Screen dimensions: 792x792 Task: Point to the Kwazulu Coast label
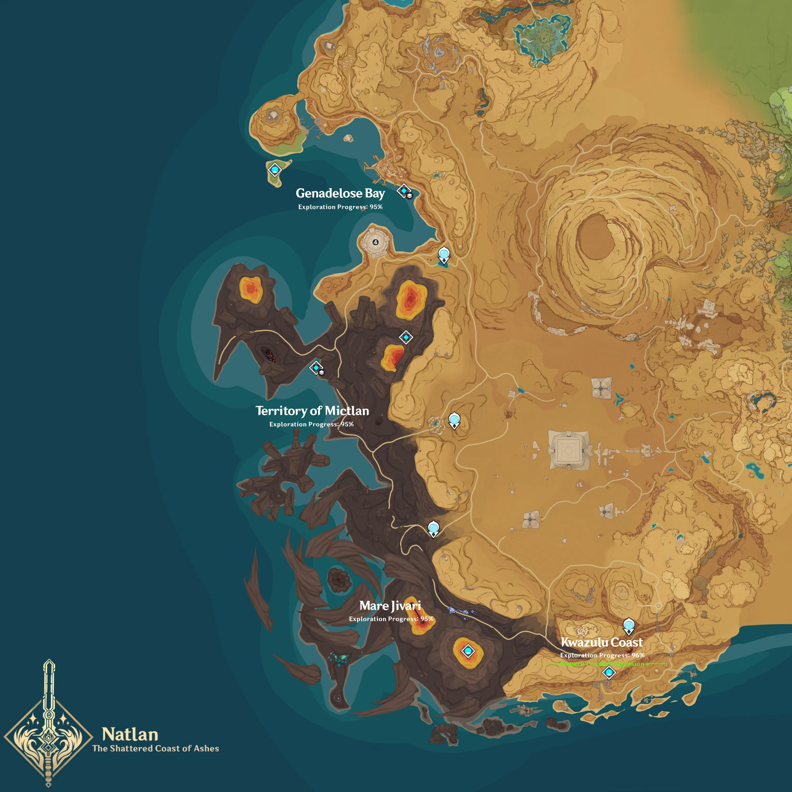point(601,642)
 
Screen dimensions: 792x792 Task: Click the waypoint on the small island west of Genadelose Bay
point(274,169)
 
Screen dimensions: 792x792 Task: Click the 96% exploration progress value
point(638,655)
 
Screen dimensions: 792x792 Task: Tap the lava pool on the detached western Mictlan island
point(251,290)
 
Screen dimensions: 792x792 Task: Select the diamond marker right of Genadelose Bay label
point(404,191)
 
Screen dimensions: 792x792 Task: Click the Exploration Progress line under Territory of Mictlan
point(311,424)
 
